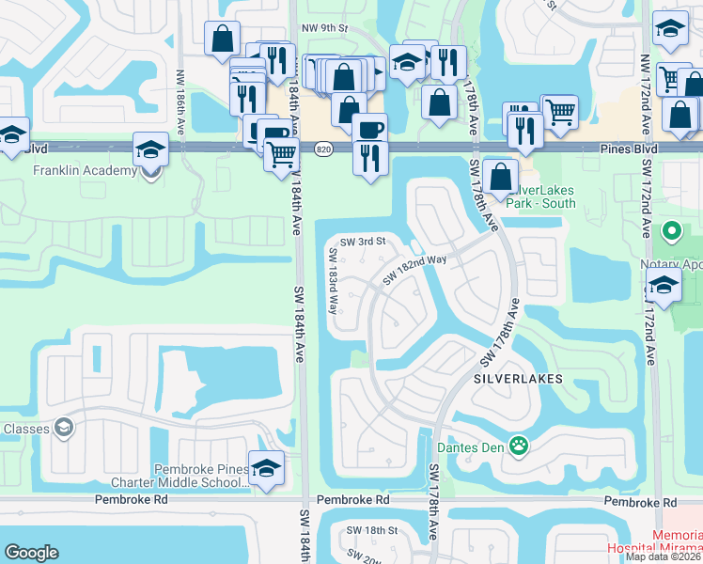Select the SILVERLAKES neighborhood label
coord(518,379)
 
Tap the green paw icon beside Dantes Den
coord(518,444)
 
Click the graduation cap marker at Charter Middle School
coord(267,468)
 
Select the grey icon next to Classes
coord(63,429)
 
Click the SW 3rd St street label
coord(364,242)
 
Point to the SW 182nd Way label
coord(414,271)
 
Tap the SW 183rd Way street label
coord(334,280)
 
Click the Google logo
coord(31,553)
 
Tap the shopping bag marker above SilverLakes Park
coord(502,175)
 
